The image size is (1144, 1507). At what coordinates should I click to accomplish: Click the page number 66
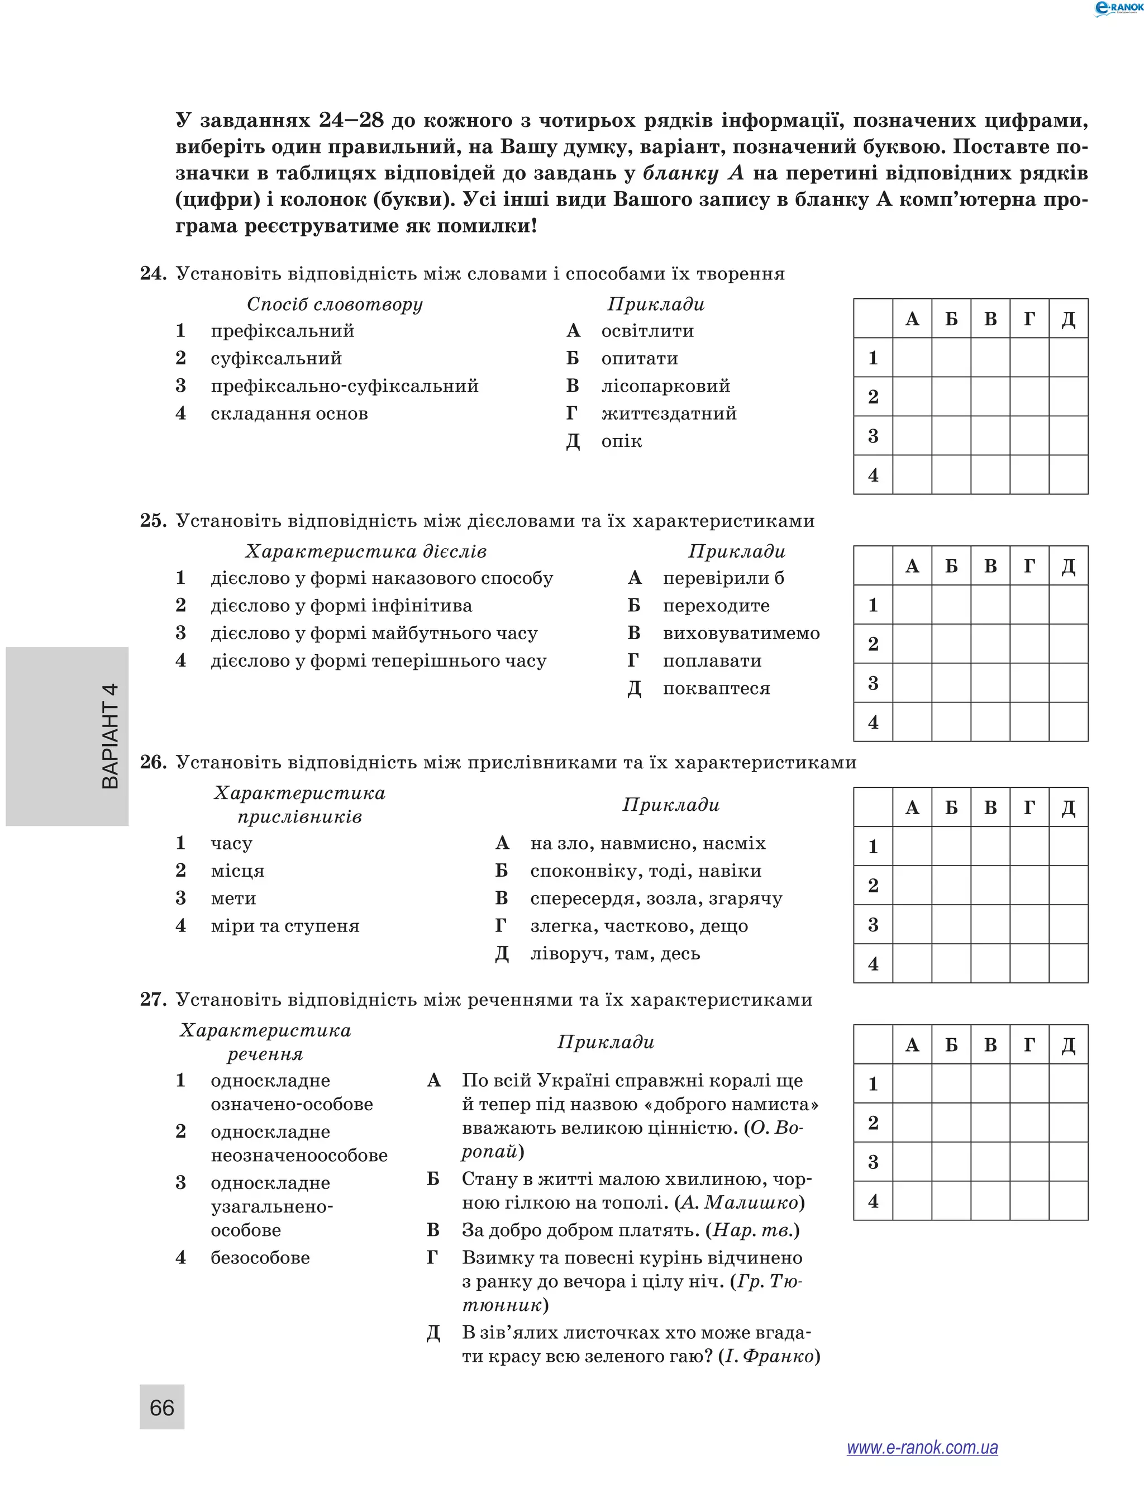(x=161, y=1407)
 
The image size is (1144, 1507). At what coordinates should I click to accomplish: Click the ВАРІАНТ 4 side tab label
(x=109, y=736)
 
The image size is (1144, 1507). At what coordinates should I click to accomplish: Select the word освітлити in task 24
(x=647, y=331)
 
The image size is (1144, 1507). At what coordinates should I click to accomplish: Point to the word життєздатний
(x=669, y=413)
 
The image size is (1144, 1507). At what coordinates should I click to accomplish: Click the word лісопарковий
(x=665, y=386)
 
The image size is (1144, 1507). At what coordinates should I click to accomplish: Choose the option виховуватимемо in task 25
(x=741, y=634)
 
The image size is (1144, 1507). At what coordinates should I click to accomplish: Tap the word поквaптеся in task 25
(x=716, y=689)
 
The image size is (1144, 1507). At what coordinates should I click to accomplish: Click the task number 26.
(x=153, y=762)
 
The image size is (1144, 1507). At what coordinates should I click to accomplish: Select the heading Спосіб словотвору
(x=335, y=304)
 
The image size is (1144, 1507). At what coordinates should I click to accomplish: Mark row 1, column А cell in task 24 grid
(x=912, y=358)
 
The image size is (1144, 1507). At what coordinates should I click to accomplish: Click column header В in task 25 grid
(x=990, y=566)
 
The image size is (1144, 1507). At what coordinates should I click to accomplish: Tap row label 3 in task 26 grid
(x=873, y=925)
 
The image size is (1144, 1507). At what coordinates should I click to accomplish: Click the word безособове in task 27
(x=260, y=1258)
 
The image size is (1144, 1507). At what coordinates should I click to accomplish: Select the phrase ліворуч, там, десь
(x=615, y=954)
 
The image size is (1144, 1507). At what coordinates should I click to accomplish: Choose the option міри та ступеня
(x=285, y=926)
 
